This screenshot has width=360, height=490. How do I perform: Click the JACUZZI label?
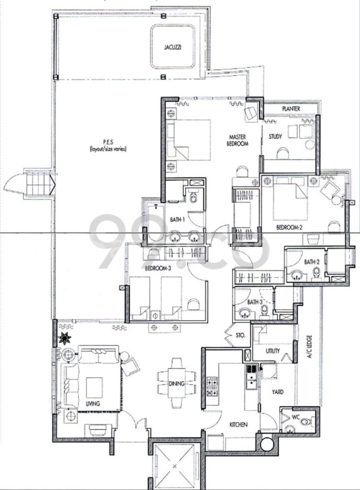point(172,47)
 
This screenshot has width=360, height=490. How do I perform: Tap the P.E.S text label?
point(108,142)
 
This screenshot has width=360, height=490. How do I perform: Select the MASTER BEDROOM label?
point(237,140)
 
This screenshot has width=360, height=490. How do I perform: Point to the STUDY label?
point(275,137)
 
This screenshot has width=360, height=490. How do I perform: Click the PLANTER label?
point(291,108)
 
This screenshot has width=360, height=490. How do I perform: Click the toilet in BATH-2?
point(316,273)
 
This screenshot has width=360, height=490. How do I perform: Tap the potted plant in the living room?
point(65,339)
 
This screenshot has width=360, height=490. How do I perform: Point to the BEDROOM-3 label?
point(158,269)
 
